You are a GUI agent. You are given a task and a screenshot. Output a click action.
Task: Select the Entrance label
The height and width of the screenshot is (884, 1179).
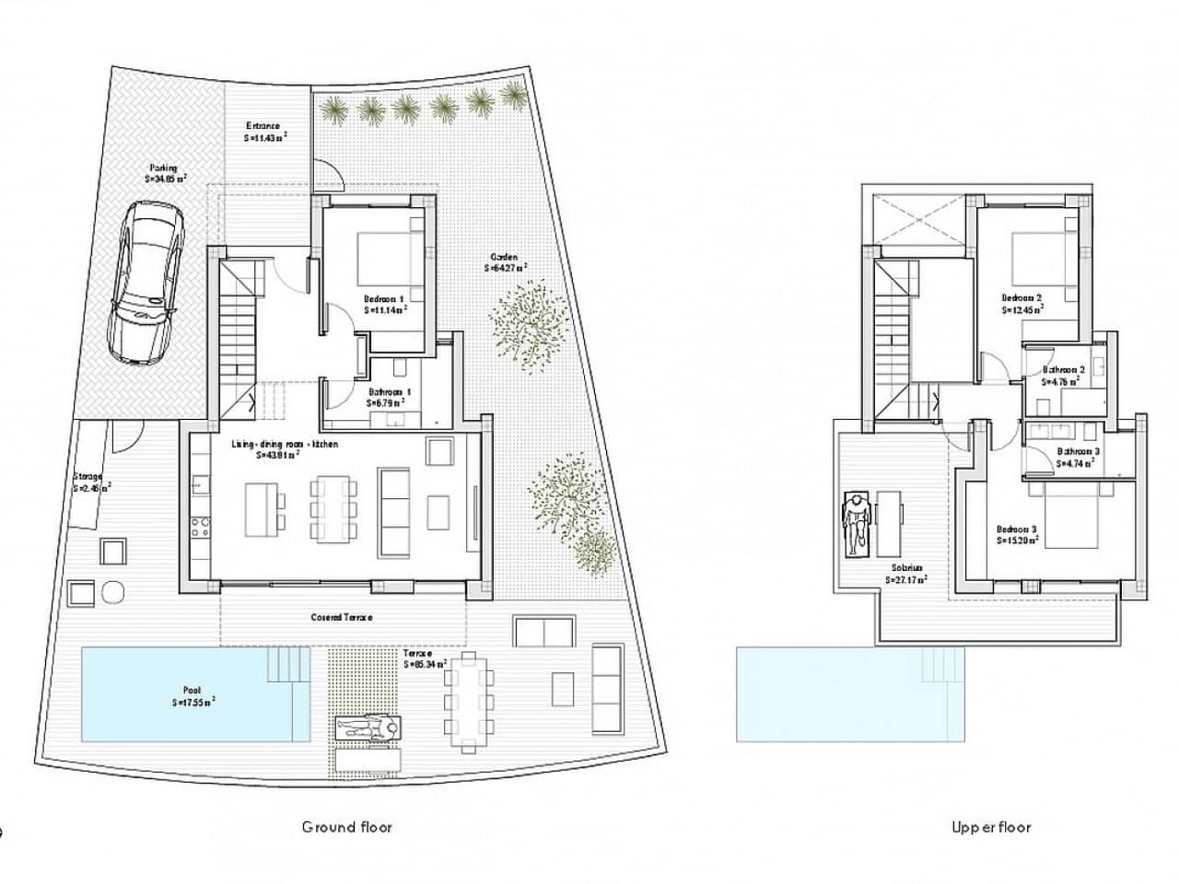[x=264, y=132]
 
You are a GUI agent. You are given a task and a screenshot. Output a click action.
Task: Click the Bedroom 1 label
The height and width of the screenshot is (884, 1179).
[x=384, y=305]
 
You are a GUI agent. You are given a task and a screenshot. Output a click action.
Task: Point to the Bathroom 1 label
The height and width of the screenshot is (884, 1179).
[x=389, y=397]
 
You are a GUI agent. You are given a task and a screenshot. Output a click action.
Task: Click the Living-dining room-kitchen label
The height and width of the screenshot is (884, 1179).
[x=285, y=449]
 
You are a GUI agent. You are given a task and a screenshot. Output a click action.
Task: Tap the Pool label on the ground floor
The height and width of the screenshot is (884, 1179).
[x=193, y=695]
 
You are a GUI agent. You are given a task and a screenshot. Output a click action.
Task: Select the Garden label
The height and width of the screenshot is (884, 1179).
[x=505, y=262]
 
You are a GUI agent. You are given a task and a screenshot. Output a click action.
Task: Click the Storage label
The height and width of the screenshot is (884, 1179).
[x=90, y=482]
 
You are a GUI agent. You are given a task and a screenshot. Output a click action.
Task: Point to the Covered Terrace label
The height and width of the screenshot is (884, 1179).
[x=341, y=617]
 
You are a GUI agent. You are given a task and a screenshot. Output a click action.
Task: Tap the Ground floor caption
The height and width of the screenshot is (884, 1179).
[x=347, y=827]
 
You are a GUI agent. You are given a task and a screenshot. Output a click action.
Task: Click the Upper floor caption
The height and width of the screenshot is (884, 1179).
[x=991, y=827]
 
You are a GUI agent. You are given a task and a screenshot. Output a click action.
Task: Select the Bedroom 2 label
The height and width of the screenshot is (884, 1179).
[x=1021, y=304]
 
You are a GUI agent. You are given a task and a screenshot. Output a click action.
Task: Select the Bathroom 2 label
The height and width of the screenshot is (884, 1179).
[x=1063, y=375]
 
